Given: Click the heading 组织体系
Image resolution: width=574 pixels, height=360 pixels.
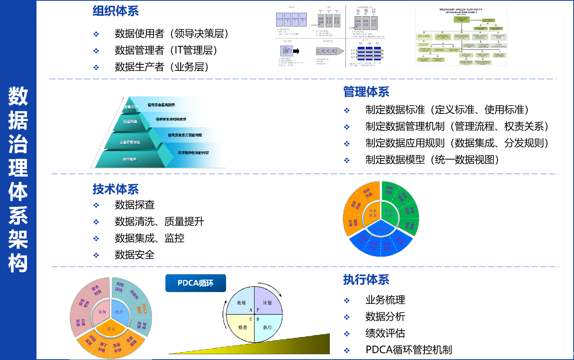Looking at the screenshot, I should pos(115,11).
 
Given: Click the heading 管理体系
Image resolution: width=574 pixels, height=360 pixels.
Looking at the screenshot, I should pos(366,92).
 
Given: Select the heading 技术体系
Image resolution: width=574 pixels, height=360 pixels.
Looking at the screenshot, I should pos(115,189).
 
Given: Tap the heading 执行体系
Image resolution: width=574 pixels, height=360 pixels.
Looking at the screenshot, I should pos(366,280).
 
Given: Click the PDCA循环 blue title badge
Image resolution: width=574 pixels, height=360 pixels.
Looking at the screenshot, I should pos(196,283).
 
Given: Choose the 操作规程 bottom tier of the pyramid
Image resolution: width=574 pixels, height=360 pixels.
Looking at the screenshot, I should pos(130,159).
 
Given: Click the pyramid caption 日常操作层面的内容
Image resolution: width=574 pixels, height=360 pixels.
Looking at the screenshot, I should pos(193,153).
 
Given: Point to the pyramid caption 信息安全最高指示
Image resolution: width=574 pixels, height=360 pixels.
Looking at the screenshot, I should pos(161,105).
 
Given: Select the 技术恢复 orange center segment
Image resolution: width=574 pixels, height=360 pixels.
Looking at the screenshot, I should pos(372,213).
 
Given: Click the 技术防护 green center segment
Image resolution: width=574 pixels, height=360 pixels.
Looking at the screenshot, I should pos(388,213).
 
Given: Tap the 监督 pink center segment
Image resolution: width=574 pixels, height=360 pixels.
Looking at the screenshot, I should pos(102,312).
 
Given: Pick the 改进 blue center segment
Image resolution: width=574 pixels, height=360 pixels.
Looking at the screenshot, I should pos(119,312).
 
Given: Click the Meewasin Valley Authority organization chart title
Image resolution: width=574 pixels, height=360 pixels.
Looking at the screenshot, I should pos(461,11).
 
